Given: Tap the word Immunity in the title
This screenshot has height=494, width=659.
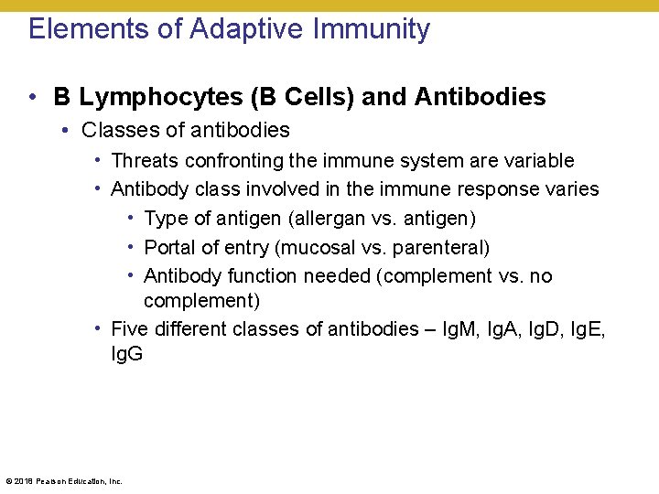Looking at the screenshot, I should coord(372,29).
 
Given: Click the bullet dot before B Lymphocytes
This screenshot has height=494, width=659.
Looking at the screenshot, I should coord(32,97).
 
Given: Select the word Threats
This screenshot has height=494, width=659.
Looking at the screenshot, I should coord(145,161).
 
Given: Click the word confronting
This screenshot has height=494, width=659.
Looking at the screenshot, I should coord(233,161).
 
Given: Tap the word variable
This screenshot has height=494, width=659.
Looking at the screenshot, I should coord(541,161).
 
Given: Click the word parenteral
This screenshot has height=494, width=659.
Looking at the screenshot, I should coord(441,248).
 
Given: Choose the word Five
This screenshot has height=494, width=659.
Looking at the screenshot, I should coord(129,329).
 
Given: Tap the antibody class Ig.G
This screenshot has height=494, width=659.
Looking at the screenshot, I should coord(127,353).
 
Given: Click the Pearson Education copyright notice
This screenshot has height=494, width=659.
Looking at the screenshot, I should coord(64,480).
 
